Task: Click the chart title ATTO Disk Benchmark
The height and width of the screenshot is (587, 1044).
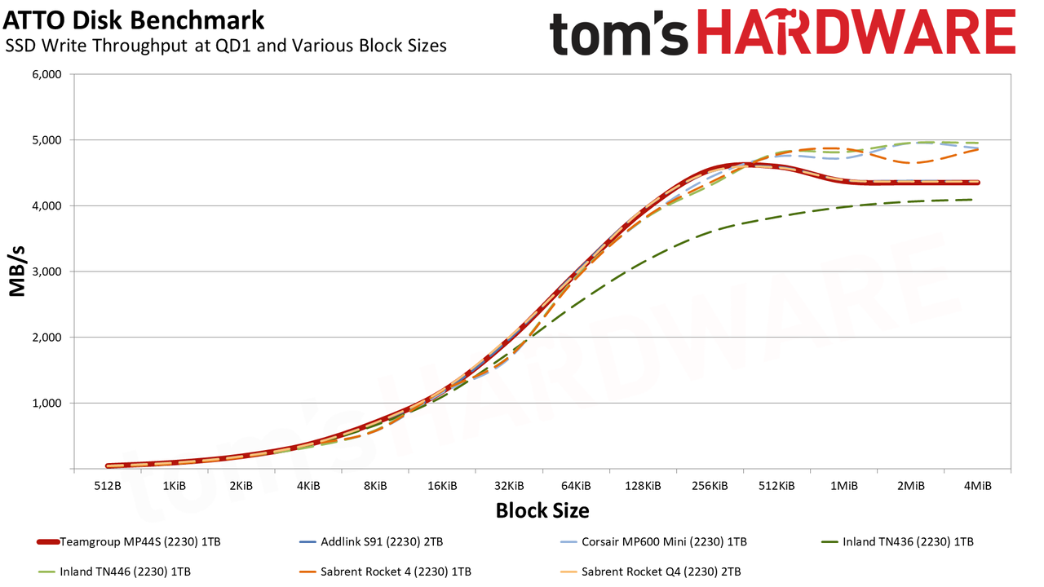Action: [133, 20]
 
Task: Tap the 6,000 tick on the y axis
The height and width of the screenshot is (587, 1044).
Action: [46, 74]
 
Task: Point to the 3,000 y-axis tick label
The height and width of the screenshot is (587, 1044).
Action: [46, 271]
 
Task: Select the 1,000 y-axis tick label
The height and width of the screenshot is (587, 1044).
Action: [46, 403]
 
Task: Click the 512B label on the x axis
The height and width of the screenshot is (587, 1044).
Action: [107, 486]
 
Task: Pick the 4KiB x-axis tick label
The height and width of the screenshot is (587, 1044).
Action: [308, 486]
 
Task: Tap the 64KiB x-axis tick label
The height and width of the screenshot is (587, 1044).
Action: [576, 486]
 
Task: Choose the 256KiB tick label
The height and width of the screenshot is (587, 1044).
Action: [710, 486]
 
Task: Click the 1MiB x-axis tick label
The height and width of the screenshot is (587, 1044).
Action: [843, 486]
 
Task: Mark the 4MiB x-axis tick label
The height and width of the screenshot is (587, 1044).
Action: [977, 486]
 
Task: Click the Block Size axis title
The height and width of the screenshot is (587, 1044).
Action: [542, 510]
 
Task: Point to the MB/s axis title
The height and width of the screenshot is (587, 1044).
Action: [17, 271]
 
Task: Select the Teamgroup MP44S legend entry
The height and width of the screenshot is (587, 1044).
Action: [129, 542]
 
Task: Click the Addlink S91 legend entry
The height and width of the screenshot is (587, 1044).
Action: [371, 542]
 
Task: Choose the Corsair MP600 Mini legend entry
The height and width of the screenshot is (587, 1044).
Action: [653, 542]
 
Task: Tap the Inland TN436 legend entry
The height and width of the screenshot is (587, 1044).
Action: [897, 542]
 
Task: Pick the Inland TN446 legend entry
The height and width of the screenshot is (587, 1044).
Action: [114, 572]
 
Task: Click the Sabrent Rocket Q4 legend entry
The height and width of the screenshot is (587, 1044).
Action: [650, 572]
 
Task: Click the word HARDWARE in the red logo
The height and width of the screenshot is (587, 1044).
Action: [856, 32]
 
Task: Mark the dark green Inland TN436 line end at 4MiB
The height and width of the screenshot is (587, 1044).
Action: [972, 200]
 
